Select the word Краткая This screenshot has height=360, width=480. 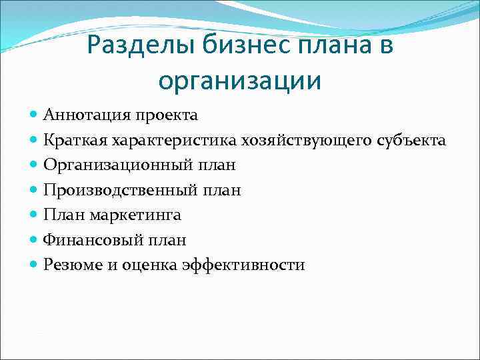coord(75,140)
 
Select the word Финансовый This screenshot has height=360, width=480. coord(89,240)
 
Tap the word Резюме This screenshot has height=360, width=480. coord(73,265)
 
